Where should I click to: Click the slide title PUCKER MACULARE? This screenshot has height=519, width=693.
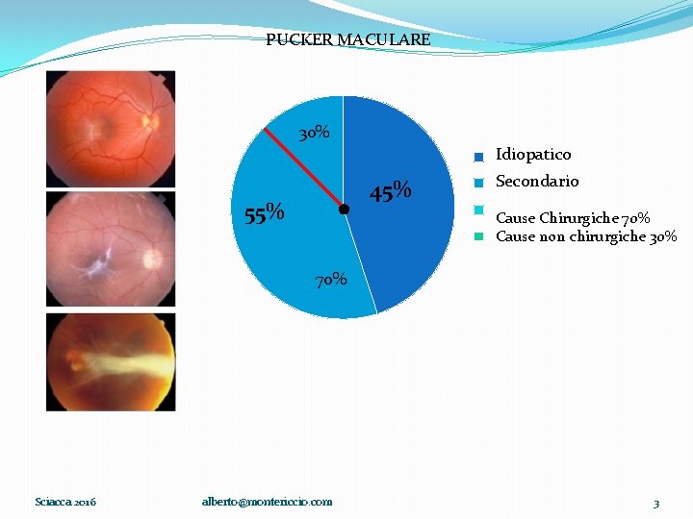pos(347,40)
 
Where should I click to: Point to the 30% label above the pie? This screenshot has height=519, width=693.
pos(314,133)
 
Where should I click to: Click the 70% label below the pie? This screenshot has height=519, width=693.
pos(332,280)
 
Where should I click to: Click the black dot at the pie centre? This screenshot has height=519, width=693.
pos(343,209)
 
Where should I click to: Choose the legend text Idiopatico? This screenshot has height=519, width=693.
pos(532,154)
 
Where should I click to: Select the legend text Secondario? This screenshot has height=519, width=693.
pos(537,181)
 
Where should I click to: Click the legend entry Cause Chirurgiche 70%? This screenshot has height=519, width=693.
pos(572,218)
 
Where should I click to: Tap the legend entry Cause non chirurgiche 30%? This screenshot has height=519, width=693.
pos(585,236)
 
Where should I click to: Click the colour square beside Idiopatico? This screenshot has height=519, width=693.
pos(478,157)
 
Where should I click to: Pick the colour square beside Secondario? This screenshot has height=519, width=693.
pos(478,183)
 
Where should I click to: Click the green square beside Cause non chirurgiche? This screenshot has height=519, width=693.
pos(478,237)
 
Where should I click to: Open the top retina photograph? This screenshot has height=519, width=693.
pos(111,129)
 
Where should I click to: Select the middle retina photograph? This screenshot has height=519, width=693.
pos(111,250)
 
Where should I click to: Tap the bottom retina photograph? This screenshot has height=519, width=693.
pos(111,362)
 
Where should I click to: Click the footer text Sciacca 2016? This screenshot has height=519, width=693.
pos(65,502)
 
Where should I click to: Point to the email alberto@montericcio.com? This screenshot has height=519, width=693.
pos(267,502)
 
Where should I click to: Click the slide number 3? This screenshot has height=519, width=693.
pos(655,503)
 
